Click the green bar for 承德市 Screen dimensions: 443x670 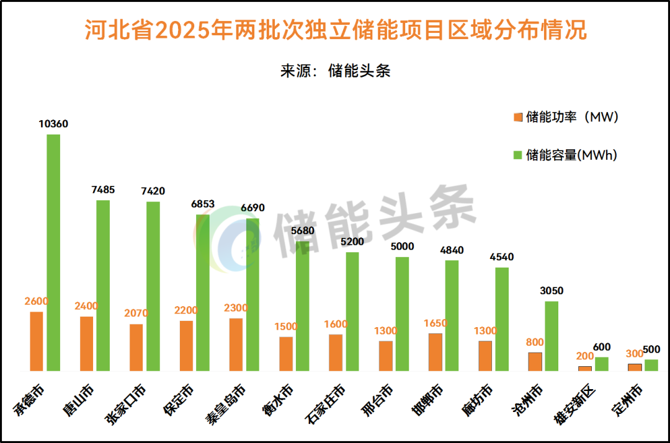(53, 253)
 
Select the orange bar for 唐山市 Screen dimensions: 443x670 (87, 343)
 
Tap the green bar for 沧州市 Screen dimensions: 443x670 (552, 336)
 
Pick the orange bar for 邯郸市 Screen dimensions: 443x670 (435, 352)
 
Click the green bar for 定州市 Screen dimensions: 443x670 (651, 365)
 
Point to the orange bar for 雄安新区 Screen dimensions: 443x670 (585, 368)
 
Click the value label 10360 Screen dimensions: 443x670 (53, 124)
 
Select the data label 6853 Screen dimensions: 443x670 (203, 204)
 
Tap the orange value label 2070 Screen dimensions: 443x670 (136, 314)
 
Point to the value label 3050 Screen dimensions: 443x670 (552, 291)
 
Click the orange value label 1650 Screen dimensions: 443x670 (435, 323)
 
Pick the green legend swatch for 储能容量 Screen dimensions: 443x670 (517, 155)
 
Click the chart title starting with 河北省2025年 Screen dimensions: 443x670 (335, 30)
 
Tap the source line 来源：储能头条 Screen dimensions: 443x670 (335, 71)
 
